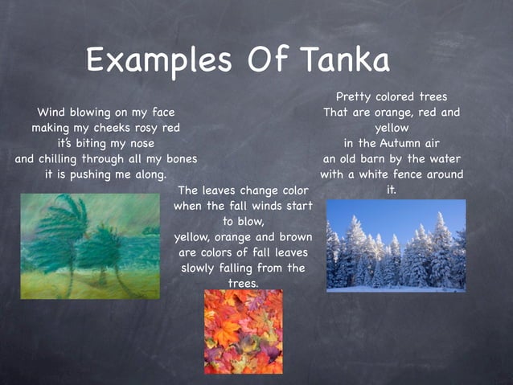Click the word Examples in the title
coord(154,60)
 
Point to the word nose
coord(133,143)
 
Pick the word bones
coord(179,158)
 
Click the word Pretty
coord(358,97)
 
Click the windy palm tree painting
coord(90,246)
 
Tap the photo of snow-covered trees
coord(396,245)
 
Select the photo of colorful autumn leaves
coord(243,331)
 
